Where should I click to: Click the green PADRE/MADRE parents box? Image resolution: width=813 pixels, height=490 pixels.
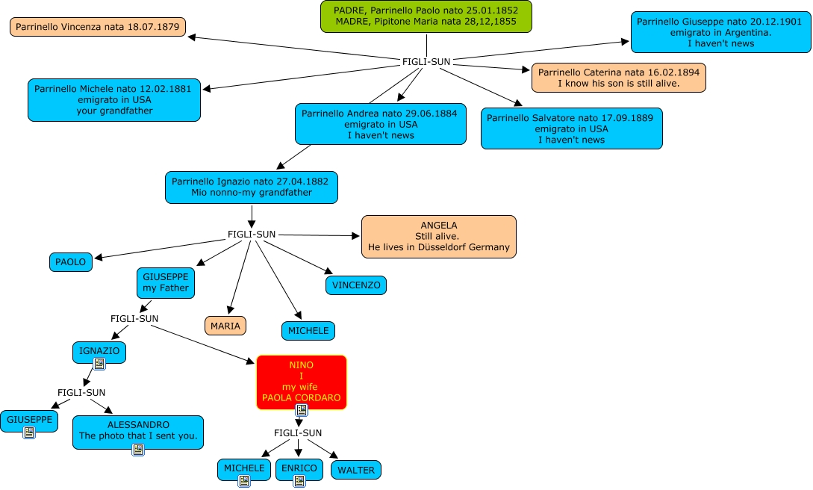pos(426,16)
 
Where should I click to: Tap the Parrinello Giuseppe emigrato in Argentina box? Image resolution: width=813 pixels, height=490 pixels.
pos(720,32)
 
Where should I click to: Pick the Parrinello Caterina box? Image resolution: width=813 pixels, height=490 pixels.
pos(618,78)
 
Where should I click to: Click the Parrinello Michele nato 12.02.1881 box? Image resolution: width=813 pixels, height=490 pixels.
pos(114,99)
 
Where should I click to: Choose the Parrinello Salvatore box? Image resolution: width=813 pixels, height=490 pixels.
pos(571,128)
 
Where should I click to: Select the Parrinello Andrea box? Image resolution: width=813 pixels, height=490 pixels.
pos(381,124)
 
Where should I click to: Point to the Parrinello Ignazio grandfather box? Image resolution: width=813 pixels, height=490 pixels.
pos(252,187)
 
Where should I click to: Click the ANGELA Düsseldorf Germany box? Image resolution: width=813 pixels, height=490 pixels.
pos(438,236)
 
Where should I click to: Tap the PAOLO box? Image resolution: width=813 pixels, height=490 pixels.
pos(72,262)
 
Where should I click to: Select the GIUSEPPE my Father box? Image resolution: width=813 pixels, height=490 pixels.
pos(166,282)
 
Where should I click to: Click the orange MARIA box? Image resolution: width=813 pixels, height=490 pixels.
pos(225,326)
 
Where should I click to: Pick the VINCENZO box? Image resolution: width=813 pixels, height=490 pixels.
pos(356,285)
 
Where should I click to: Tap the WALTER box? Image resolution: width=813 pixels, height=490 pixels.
pos(356,470)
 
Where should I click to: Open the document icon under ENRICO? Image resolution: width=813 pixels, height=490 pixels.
pos(299,481)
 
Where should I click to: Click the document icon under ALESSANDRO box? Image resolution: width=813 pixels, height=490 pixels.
pos(138,449)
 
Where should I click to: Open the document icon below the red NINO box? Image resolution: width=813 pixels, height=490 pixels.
pos(302,410)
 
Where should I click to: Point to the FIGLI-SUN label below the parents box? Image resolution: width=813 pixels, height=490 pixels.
pos(426,61)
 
